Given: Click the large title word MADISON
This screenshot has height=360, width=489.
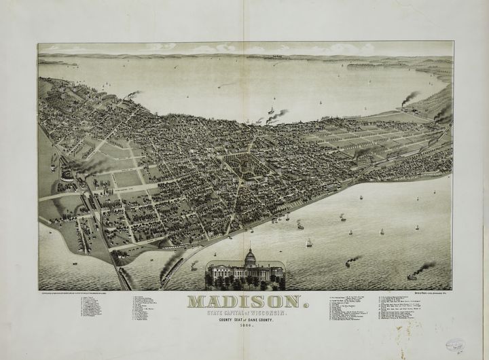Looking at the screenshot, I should tap(244, 301).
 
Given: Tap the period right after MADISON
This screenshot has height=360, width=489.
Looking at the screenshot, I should tap(305, 304).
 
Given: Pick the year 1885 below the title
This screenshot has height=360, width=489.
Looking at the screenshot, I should tap(244, 326).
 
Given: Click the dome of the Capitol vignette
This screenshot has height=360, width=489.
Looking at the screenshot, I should tap(251, 257).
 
